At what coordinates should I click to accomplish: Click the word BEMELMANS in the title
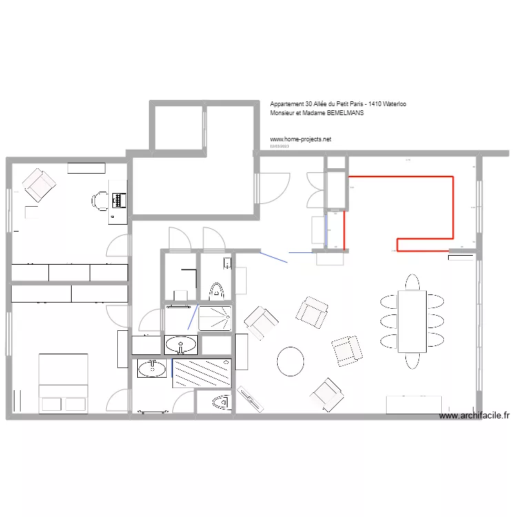click(x=343, y=114)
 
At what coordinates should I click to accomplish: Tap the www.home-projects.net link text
click(x=301, y=139)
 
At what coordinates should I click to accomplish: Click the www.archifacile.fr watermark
click(x=474, y=416)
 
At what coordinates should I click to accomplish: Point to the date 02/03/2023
click(x=280, y=146)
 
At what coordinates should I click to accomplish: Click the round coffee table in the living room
click(x=290, y=361)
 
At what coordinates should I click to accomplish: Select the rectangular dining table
click(x=413, y=321)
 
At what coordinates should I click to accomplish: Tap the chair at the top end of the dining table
click(x=412, y=282)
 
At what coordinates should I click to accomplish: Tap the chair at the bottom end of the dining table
click(x=412, y=361)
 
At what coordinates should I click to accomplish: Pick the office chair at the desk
click(x=99, y=201)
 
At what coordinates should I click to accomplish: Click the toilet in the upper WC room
click(x=216, y=290)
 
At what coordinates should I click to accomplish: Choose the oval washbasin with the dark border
click(x=181, y=344)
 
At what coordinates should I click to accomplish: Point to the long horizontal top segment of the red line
click(x=400, y=177)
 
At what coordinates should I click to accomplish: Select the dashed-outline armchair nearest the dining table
click(x=346, y=349)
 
